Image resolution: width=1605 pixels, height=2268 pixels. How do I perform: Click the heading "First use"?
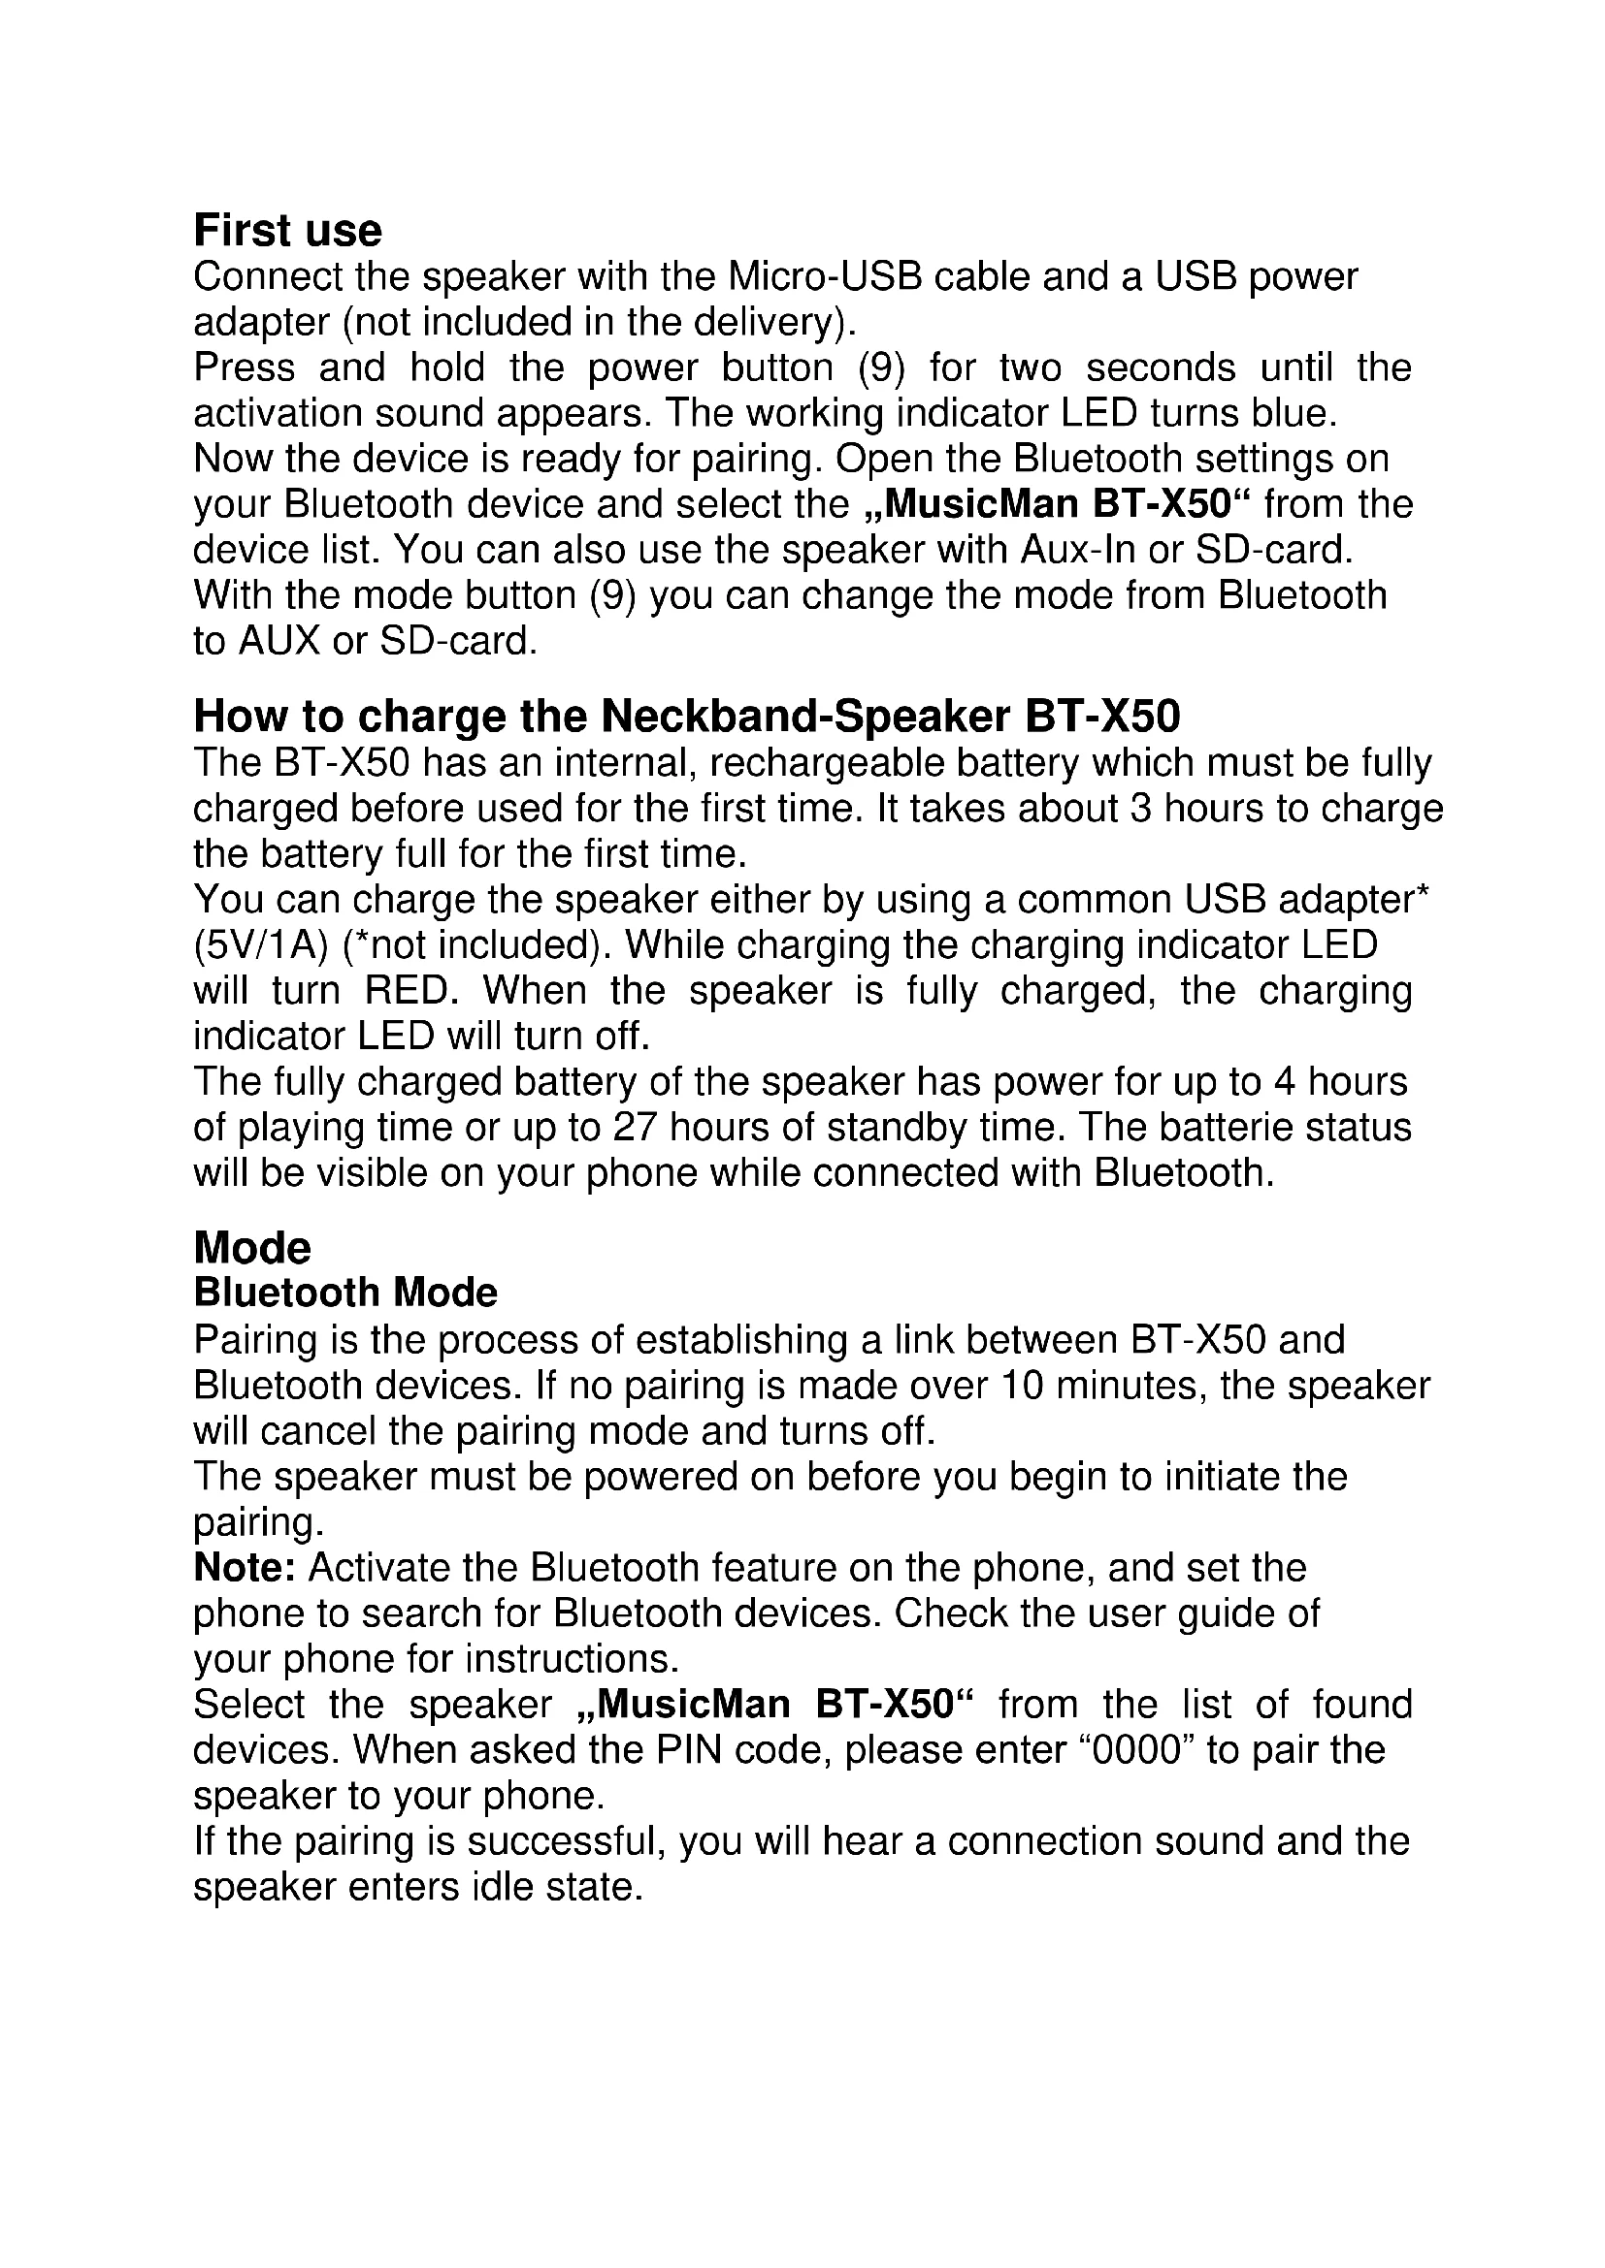(x=287, y=230)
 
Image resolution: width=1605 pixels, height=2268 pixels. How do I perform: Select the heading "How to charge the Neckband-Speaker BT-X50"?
(x=687, y=716)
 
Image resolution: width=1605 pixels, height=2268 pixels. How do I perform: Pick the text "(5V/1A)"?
(x=260, y=945)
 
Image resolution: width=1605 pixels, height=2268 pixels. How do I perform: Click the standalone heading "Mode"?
(x=252, y=1248)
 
